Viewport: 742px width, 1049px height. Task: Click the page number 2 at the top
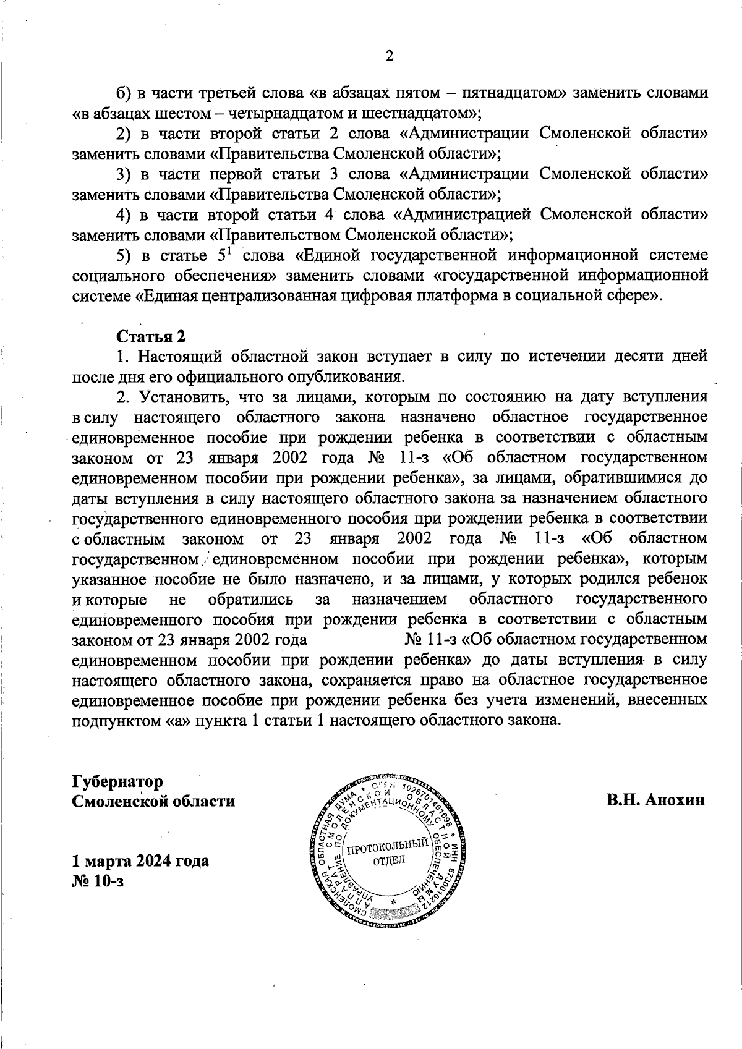(x=390, y=56)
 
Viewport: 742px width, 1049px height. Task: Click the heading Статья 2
(x=151, y=336)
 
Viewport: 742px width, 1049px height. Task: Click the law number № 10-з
(x=98, y=881)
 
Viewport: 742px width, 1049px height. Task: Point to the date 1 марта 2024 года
(x=140, y=860)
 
